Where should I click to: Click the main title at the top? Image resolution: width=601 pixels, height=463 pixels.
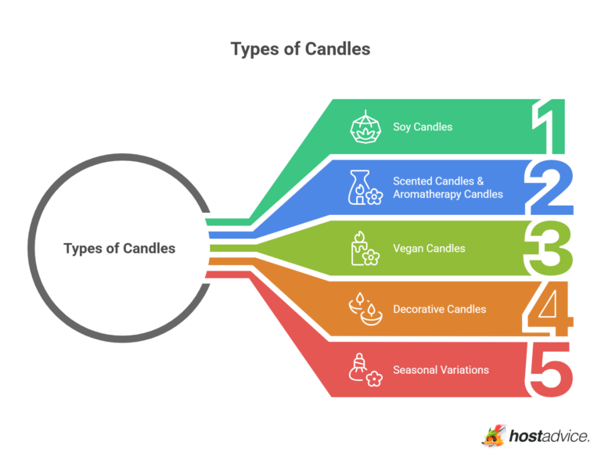click(300, 48)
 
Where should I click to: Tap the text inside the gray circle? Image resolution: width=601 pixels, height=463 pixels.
click(119, 249)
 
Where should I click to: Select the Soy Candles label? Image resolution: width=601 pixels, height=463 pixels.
click(422, 127)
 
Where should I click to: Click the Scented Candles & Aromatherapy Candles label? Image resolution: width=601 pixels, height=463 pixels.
click(448, 188)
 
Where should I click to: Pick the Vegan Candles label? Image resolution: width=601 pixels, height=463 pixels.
click(429, 249)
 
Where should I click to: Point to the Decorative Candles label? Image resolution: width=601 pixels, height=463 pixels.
click(439, 309)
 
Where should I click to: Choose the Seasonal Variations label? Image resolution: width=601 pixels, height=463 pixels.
click(441, 369)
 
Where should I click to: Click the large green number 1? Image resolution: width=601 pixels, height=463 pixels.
click(550, 127)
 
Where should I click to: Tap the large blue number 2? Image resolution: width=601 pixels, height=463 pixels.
click(551, 188)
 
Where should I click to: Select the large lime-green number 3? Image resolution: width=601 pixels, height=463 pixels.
click(550, 249)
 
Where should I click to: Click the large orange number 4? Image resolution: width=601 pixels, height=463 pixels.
click(550, 310)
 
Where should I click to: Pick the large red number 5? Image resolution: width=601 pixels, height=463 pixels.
click(551, 369)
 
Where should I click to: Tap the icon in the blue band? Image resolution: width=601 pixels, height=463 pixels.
click(363, 188)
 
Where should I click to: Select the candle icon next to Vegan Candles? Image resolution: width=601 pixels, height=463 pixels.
click(363, 249)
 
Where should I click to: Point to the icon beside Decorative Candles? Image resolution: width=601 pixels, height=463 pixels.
click(364, 310)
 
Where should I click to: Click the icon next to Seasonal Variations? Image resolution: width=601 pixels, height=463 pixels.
click(364, 369)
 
